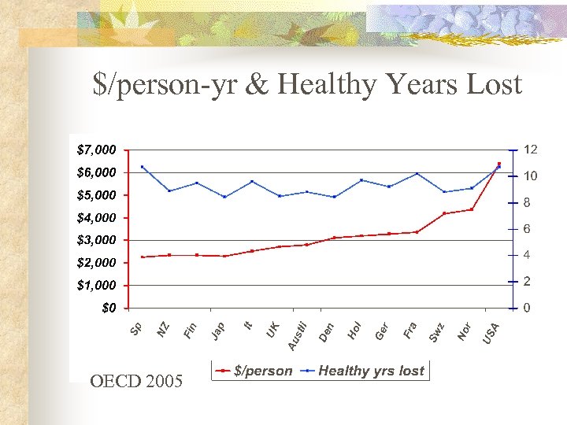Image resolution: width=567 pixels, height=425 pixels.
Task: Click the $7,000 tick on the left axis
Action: coord(97,149)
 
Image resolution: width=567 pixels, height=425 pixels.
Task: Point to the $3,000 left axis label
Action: coord(97,239)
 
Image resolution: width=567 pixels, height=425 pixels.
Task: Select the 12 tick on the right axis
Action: coord(531,150)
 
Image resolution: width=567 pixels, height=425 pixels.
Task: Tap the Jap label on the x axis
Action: coord(218,332)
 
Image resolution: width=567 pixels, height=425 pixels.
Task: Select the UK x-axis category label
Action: coord(272,330)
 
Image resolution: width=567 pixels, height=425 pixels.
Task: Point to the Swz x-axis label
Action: coord(436,332)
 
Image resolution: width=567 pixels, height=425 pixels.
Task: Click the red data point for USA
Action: coord(499,164)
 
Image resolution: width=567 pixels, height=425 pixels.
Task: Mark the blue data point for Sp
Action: coord(142,166)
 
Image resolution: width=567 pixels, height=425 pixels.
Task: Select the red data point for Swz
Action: coord(444,213)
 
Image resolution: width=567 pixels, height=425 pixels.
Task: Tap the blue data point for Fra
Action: coord(417,173)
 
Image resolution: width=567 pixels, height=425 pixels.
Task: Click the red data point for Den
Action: coord(334,238)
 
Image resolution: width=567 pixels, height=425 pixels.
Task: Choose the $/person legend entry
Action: coord(256,371)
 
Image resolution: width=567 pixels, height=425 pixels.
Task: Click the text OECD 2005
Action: coord(136,382)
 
